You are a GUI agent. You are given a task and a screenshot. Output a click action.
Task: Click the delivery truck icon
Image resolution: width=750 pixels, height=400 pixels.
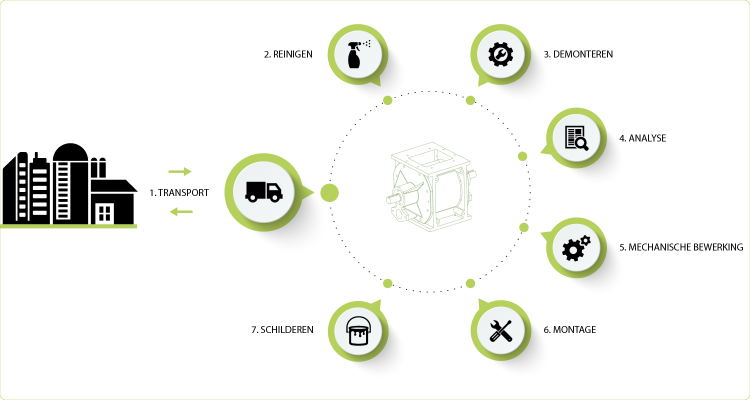tap(264, 192)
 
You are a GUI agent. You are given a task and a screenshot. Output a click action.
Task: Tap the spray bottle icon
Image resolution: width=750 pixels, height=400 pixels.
tap(358, 54)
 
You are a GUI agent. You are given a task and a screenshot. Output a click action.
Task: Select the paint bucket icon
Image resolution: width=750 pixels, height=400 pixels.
tap(358, 330)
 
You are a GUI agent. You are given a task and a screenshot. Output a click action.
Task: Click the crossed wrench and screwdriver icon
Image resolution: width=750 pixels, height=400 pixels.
tap(500, 330)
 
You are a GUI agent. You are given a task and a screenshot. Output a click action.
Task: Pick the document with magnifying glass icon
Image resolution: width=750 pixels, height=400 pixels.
tap(576, 138)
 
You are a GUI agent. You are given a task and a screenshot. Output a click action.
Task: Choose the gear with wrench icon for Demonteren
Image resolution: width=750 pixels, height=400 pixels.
tap(500, 54)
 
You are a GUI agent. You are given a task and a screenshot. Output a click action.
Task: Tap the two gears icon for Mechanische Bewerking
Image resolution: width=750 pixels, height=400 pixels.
tap(576, 248)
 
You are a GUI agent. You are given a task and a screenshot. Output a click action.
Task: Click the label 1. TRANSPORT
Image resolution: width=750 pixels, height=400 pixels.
tap(179, 193)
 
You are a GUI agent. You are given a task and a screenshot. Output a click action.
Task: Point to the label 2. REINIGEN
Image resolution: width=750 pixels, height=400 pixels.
tap(288, 54)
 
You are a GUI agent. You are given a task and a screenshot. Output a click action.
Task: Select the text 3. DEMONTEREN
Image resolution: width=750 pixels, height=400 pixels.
tap(578, 54)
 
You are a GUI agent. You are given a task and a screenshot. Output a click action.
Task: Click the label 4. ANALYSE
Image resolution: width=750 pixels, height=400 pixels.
tap(642, 138)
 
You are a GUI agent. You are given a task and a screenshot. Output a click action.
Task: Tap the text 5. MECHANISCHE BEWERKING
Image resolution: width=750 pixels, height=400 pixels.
tap(681, 247)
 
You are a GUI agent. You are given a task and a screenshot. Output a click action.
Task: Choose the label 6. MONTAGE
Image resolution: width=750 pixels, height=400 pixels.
tap(569, 330)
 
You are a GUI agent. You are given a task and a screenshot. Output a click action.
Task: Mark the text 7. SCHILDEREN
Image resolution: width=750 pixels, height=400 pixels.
tap(282, 330)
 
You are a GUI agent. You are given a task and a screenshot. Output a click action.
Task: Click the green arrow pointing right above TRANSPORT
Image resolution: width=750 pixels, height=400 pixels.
tap(180, 171)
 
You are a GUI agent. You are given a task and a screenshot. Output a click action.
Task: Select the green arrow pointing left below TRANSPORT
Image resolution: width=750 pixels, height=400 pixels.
tap(181, 211)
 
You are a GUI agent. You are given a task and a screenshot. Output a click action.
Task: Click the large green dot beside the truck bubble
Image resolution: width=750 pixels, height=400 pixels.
tap(329, 193)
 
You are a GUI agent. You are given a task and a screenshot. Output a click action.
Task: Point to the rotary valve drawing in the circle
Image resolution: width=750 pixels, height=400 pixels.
tap(431, 187)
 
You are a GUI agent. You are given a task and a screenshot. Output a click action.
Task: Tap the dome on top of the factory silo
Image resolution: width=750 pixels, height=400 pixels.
tap(70, 152)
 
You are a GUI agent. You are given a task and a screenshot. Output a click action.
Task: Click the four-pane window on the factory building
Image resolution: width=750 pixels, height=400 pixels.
tap(104, 213)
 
